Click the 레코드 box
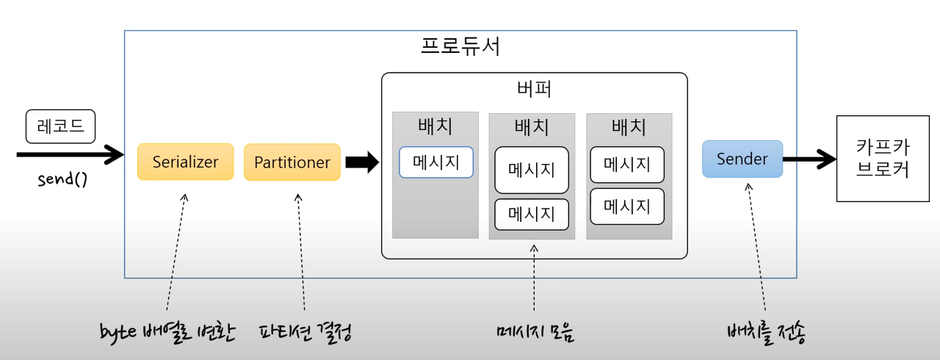[x=60, y=126]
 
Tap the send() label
[x=62, y=180]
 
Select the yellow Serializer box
[x=185, y=162]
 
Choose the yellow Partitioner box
[x=292, y=162]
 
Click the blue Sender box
[x=742, y=159]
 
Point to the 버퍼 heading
[x=534, y=90]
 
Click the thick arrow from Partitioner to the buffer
[x=361, y=162]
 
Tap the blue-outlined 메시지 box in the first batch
[x=435, y=162]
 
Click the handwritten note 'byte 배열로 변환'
[x=167, y=332]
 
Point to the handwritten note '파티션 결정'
[x=305, y=332]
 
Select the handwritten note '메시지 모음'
[x=534, y=332]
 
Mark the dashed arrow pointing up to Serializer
[x=176, y=250]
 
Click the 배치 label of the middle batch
[x=531, y=126]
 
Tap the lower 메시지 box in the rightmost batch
[x=627, y=206]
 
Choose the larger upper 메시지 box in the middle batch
[x=532, y=170]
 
